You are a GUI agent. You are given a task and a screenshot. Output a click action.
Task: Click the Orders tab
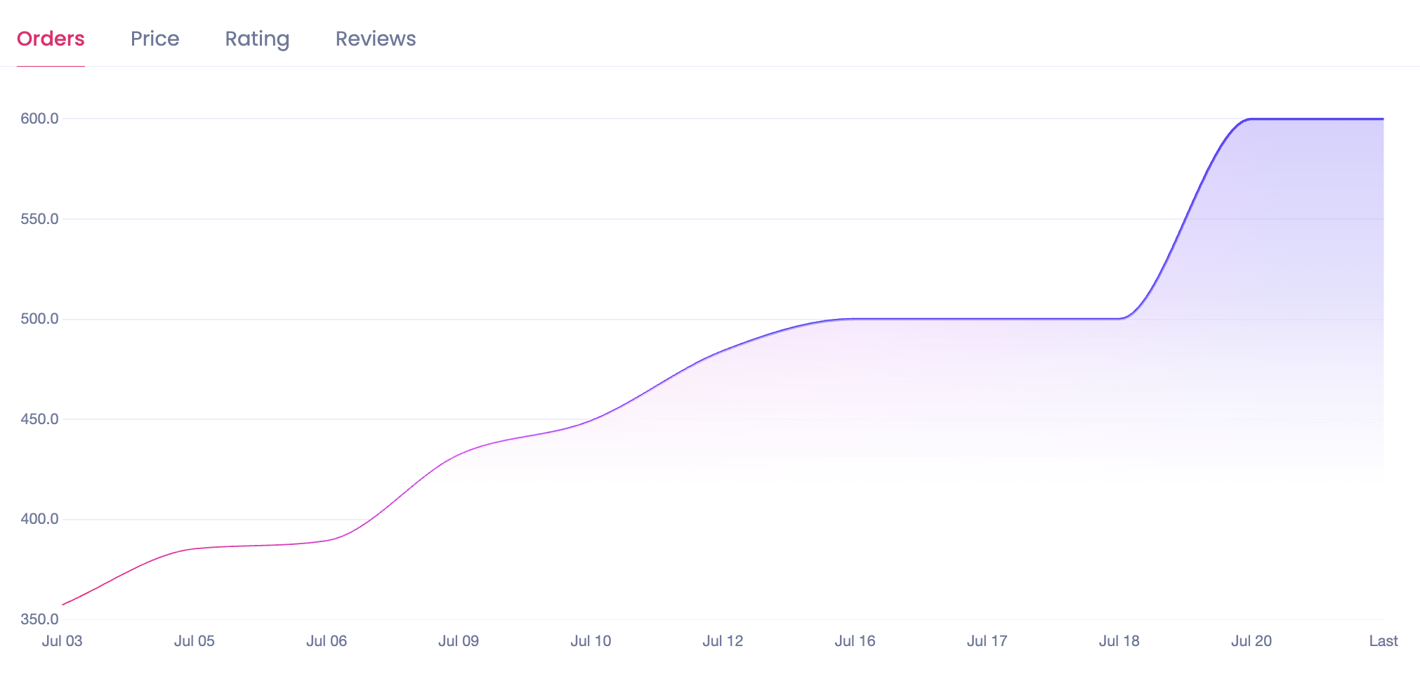[x=51, y=39]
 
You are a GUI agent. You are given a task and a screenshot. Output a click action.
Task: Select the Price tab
[x=155, y=39]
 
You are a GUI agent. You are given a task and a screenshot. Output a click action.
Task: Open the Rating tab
[x=257, y=39]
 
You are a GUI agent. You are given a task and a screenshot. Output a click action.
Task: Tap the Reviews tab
[x=376, y=39]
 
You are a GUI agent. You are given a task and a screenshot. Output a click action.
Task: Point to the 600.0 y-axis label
[x=39, y=119]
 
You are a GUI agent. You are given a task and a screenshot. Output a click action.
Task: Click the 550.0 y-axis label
[x=39, y=219]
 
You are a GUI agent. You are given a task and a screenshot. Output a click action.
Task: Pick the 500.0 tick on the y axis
[x=39, y=319]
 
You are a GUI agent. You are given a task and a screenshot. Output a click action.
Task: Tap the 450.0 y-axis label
[x=39, y=419]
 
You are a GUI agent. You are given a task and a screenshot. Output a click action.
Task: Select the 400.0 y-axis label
[x=39, y=520]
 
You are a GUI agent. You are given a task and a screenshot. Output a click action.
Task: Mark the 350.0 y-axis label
[x=39, y=619]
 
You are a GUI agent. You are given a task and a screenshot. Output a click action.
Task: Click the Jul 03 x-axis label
[x=62, y=641]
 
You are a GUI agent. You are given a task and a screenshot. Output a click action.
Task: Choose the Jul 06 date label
[x=327, y=641]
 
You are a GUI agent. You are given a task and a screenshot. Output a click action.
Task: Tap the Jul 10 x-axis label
[x=591, y=641]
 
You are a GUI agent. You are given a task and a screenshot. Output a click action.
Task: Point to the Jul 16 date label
[x=855, y=641]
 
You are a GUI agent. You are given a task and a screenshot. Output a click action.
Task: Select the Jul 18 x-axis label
[x=1119, y=641]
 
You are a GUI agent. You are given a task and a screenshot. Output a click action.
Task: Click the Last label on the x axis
[x=1383, y=641]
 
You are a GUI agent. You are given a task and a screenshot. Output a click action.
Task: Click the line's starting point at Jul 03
[x=63, y=605]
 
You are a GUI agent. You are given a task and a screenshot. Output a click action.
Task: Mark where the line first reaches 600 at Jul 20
[x=1251, y=119]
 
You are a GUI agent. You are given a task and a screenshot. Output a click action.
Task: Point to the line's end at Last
[x=1383, y=119]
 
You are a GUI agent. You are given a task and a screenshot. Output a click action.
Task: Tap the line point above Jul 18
[x=1119, y=319]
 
